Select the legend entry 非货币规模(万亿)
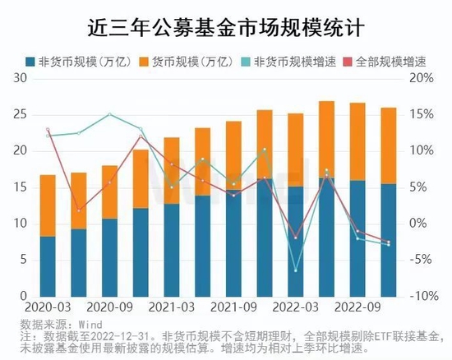[x=74, y=62]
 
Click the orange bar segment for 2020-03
[x=48, y=205]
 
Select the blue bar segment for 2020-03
[x=48, y=265]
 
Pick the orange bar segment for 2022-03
[x=297, y=150]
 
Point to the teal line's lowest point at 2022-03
[x=297, y=270]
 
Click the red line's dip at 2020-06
[x=79, y=211]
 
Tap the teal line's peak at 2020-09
[x=110, y=114]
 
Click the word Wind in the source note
[x=90, y=324]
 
